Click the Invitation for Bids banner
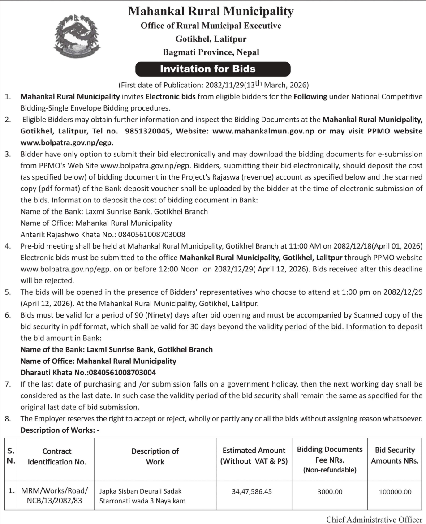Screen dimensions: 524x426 (x=213, y=69)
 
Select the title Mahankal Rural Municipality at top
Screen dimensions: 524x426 (x=211, y=11)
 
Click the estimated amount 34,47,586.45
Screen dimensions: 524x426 (x=252, y=491)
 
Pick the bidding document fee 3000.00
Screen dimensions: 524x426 (x=330, y=491)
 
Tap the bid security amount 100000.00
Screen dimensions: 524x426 (x=395, y=491)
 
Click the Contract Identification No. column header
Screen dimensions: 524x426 (x=57, y=456)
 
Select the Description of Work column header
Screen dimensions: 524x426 (x=155, y=456)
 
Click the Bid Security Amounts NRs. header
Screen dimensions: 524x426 (x=395, y=455)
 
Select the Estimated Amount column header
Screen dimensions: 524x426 (x=254, y=455)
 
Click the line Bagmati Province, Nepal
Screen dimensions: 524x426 (x=211, y=52)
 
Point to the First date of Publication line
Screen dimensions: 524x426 (x=213, y=85)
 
